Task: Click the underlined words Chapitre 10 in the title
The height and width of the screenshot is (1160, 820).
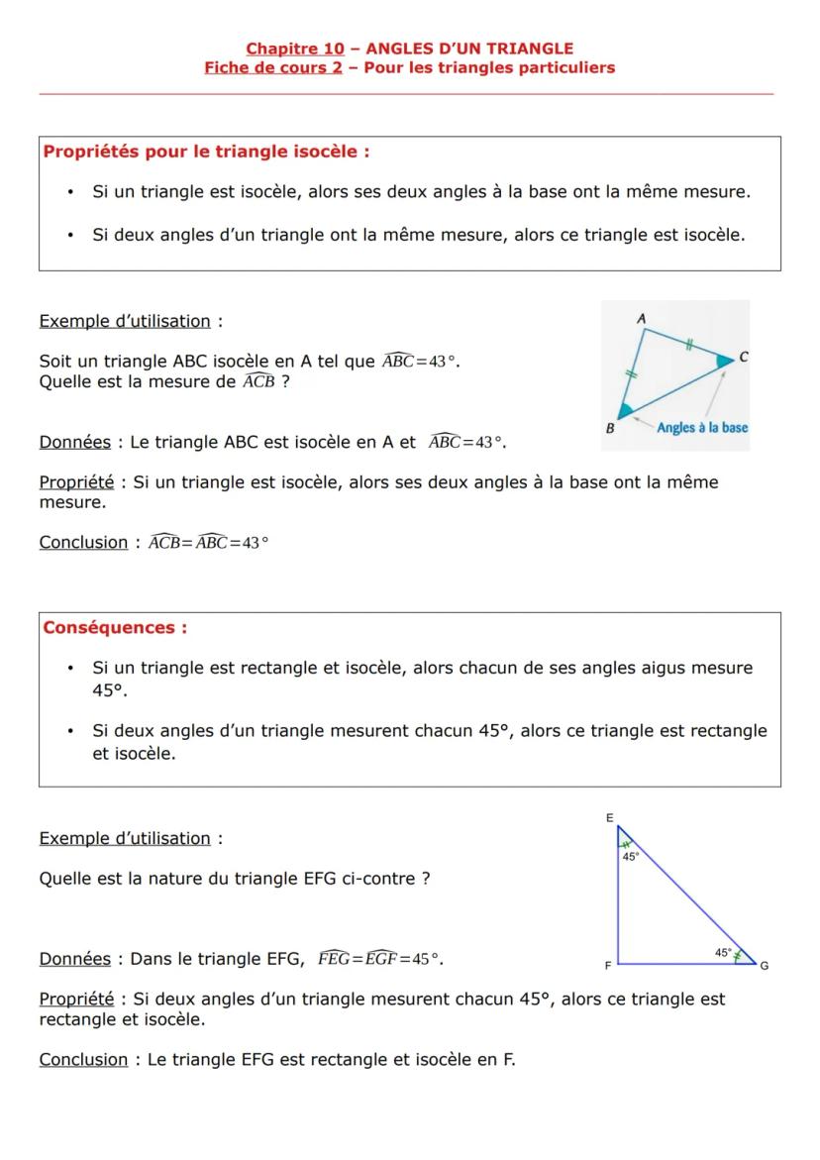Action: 294,49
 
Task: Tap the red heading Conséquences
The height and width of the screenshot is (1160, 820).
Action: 114,628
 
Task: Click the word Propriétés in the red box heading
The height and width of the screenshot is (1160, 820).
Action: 91,153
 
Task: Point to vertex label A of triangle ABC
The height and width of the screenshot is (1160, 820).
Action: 641,318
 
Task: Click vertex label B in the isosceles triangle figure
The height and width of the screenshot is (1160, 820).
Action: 610,428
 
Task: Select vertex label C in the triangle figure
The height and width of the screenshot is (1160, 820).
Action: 743,358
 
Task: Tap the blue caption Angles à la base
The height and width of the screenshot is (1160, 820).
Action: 702,428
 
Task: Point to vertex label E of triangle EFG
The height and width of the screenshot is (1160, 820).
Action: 610,817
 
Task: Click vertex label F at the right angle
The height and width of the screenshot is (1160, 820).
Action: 608,965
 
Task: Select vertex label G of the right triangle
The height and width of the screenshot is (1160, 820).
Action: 764,966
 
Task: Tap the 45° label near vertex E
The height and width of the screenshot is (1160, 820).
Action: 631,856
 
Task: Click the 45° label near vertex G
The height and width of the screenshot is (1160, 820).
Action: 724,952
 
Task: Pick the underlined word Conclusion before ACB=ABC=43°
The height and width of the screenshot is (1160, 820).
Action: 83,543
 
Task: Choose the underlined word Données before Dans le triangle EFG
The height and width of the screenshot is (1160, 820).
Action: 74,959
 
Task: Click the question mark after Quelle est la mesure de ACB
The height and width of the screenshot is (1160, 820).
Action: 285,382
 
